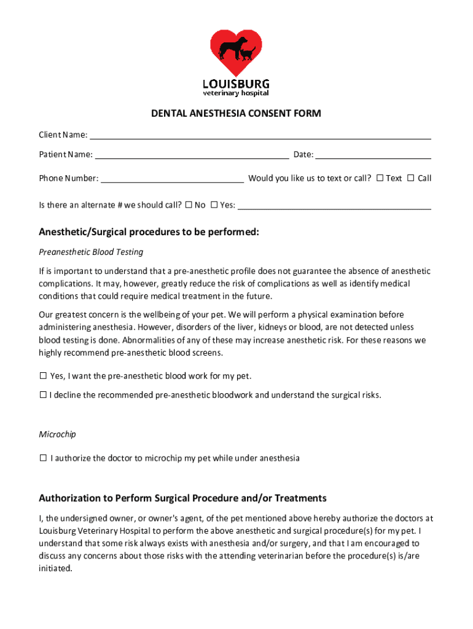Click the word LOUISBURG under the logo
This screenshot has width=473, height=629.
[x=236, y=84]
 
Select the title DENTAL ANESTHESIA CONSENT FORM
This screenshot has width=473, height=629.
[x=237, y=114]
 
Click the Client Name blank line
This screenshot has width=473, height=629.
[x=260, y=135]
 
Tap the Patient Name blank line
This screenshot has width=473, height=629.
[x=192, y=155]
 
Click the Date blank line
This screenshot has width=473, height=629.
[x=373, y=155]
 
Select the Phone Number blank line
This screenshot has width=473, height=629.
[x=172, y=179]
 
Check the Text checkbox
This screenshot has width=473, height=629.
[x=380, y=178]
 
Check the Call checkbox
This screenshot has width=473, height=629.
[x=410, y=178]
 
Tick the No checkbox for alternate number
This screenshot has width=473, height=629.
[x=189, y=205]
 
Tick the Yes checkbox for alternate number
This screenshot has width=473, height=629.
[x=214, y=205]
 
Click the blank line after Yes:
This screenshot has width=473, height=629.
[x=334, y=206]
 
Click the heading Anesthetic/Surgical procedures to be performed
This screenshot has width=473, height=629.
[x=149, y=232]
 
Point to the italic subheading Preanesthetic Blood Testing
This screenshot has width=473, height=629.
[x=91, y=252]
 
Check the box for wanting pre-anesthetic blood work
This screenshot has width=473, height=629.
[x=44, y=375]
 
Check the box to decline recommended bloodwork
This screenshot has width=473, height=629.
[x=44, y=395]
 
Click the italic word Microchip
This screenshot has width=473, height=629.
[x=58, y=434]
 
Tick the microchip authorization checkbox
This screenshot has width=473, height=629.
[x=44, y=458]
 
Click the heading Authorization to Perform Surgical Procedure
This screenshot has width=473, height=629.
[x=182, y=498]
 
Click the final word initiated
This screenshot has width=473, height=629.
[x=55, y=568]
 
